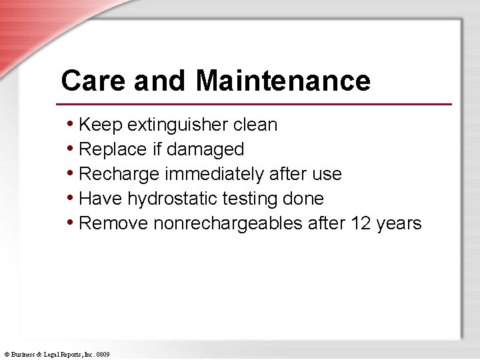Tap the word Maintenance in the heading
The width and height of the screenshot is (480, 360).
283,81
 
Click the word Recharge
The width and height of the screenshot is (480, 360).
119,174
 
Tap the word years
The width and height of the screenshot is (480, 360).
399,223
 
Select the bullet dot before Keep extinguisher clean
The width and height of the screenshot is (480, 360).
71,124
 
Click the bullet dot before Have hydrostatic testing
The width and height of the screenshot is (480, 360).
71,198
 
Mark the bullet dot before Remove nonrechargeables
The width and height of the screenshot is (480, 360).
71,223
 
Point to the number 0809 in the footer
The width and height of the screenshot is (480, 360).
103,354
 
